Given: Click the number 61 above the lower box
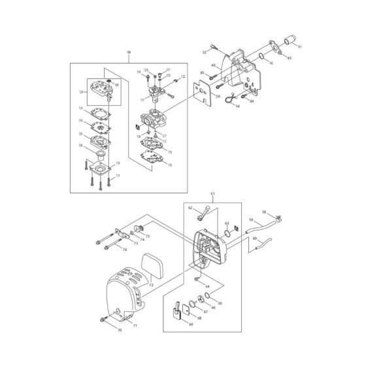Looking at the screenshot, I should pyautogui.click(x=213, y=194).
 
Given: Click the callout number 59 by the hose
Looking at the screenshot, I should pyautogui.click(x=251, y=220).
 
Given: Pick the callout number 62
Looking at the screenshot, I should pyautogui.click(x=190, y=208).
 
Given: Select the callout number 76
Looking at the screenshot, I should pyautogui.click(x=125, y=249).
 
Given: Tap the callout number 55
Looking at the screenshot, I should pyautogui.click(x=205, y=51).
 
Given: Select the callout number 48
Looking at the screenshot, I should pyautogui.click(x=212, y=65).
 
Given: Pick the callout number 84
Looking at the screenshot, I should pyautogui.click(x=251, y=101).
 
